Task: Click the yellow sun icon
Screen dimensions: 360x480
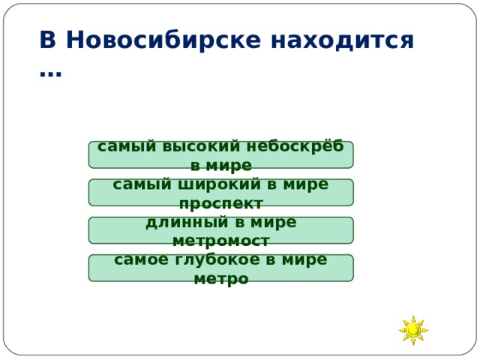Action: [413, 330]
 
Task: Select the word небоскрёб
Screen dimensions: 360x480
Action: [300, 146]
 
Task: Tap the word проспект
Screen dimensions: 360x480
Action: [220, 203]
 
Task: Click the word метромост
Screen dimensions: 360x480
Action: [220, 241]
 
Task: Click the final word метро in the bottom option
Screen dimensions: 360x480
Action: [220, 279]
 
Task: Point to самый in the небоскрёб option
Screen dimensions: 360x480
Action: [122, 146]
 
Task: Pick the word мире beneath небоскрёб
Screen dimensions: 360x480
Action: [230, 166]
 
